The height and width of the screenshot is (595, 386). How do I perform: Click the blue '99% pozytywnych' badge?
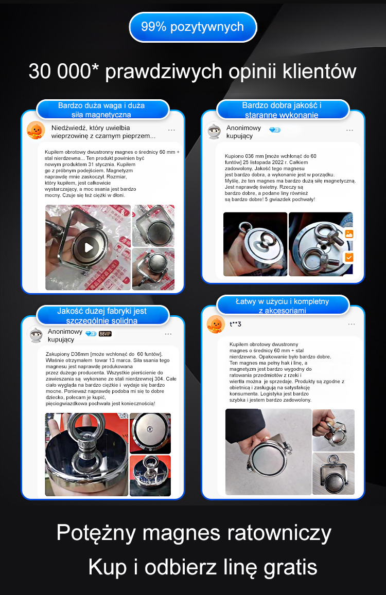coord(193,27)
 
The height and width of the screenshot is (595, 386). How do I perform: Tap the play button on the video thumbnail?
coord(89,248)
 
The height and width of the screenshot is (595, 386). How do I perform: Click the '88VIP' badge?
coord(105,334)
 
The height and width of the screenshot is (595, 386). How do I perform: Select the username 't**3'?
coord(236,324)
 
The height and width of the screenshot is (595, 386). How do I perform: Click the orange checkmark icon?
coord(349,257)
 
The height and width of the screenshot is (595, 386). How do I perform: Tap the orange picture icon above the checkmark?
coord(349,234)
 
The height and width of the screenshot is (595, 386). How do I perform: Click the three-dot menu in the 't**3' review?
coord(352,324)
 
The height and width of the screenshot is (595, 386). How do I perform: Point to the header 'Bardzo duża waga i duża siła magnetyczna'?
coord(101,110)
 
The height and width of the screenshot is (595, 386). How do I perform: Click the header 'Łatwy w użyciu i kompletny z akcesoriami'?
coord(282,306)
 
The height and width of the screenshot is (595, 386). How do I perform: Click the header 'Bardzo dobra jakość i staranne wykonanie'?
coord(282,110)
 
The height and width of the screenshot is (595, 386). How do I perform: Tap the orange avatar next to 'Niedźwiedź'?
coord(36,130)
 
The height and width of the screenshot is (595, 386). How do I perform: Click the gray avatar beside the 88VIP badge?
coord(36,335)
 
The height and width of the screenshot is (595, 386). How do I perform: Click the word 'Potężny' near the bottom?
coord(96,533)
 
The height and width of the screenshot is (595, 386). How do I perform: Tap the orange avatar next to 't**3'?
coord(216,324)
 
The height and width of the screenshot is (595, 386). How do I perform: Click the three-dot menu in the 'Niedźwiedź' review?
coord(172,130)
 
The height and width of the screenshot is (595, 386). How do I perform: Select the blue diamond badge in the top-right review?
coord(275,130)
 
